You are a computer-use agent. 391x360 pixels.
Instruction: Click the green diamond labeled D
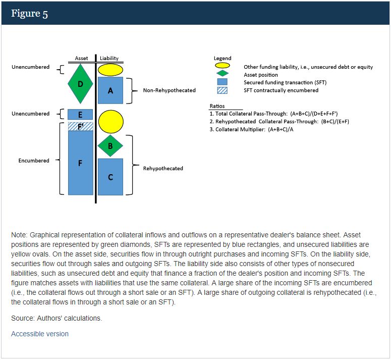coord(80,84)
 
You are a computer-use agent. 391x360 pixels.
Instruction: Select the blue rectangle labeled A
coord(110,90)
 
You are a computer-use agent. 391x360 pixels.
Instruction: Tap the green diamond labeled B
coord(110,146)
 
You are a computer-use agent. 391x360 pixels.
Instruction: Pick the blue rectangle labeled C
coord(110,177)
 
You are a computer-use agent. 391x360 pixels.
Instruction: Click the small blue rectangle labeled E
coord(80,115)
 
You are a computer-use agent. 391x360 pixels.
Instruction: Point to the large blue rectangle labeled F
coord(80,163)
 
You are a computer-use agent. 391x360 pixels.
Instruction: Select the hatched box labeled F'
coord(80,126)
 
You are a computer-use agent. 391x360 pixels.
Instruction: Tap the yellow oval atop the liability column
coord(110,70)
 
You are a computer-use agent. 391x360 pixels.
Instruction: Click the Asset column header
coord(81,59)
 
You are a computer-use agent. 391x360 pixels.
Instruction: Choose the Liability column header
coord(109,59)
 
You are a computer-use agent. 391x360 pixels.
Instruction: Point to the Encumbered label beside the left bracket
coord(34,161)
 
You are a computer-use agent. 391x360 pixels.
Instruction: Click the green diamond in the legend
coord(222,74)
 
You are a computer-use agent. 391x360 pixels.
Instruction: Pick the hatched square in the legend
coord(222,90)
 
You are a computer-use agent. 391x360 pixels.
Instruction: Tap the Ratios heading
coord(217,106)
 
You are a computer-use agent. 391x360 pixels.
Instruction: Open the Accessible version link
coord(40,334)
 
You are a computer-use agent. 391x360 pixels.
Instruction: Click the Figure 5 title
coord(30,14)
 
